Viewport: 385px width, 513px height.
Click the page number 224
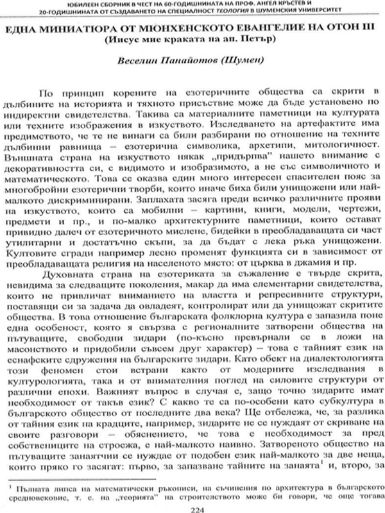(x=193, y=503)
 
